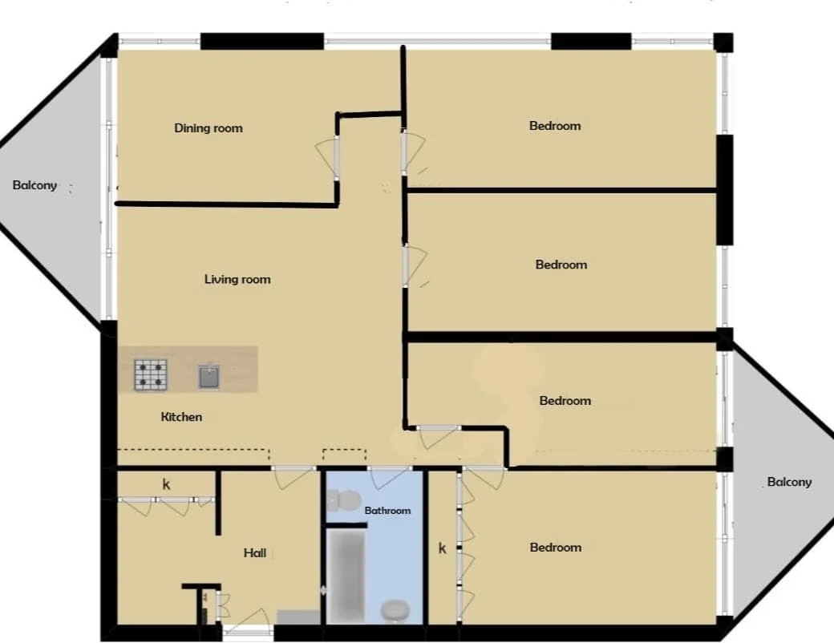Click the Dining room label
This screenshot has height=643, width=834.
click(x=208, y=128)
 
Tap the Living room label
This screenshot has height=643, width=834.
click(x=237, y=280)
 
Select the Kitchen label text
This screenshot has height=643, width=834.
click(x=181, y=417)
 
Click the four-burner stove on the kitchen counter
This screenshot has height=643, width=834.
click(x=151, y=375)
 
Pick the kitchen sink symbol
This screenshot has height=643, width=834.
click(x=208, y=376)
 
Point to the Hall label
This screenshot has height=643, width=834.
click(x=255, y=553)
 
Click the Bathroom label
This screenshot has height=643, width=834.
click(x=387, y=511)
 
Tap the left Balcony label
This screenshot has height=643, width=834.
click(x=34, y=185)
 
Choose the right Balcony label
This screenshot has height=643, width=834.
click(x=789, y=482)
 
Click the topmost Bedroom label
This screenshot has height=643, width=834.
click(x=555, y=126)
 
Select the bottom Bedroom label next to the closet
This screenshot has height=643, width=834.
click(x=555, y=548)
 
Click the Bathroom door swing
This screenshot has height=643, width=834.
click(x=387, y=477)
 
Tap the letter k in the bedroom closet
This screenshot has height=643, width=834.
click(x=442, y=549)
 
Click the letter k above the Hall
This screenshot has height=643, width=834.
click(x=167, y=485)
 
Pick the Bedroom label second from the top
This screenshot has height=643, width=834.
click(x=561, y=265)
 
